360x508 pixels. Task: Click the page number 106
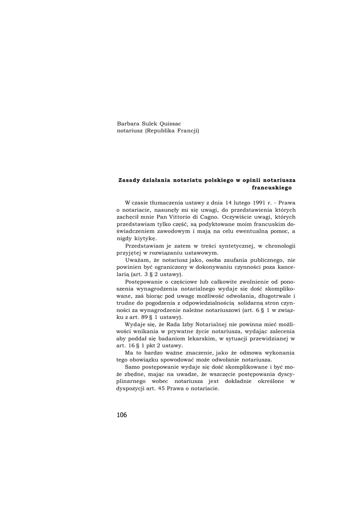coord(122,415)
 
